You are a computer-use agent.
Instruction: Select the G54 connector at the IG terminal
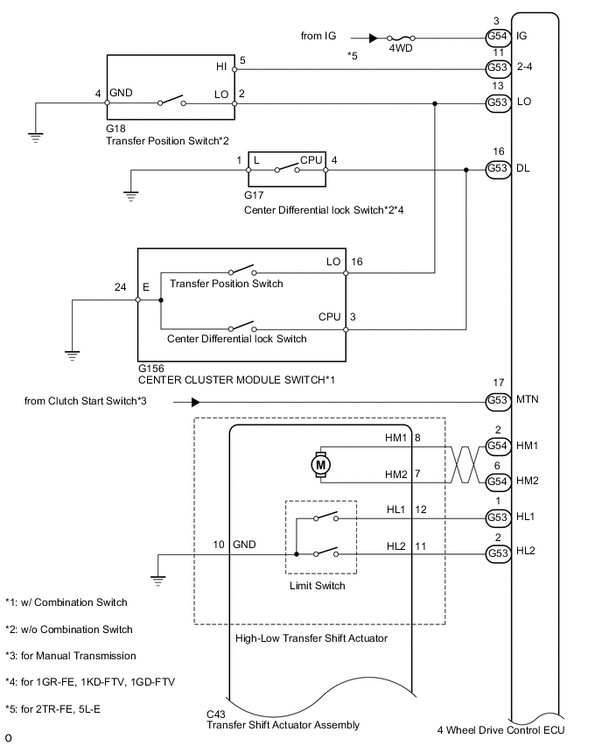pos(498,37)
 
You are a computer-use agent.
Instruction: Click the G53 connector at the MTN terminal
pos(498,402)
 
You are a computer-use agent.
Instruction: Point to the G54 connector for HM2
pos(498,482)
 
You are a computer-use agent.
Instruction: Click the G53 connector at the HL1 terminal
pos(498,517)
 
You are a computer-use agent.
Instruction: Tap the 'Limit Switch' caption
pos(316,586)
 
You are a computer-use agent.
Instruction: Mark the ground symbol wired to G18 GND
pos(35,136)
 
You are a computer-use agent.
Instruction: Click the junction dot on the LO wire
pos(435,102)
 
